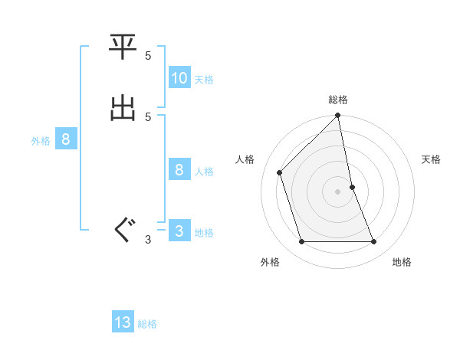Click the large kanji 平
click(123, 49)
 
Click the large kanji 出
click(123, 109)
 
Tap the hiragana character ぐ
click(123, 229)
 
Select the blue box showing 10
click(179, 77)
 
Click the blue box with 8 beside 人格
click(179, 170)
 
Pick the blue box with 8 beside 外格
click(66, 139)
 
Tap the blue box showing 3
click(179, 231)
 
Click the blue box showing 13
click(123, 322)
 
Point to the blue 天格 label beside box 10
click(204, 79)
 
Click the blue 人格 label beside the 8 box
click(204, 172)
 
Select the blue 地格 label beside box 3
click(204, 233)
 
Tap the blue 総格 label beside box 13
click(147, 324)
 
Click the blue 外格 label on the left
click(41, 141)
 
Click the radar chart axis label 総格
click(338, 100)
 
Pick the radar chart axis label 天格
click(432, 159)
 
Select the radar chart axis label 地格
click(402, 262)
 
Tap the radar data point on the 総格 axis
click(338, 116)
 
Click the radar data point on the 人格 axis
click(280, 172)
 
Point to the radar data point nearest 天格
click(353, 186)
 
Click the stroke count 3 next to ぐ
click(148, 240)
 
